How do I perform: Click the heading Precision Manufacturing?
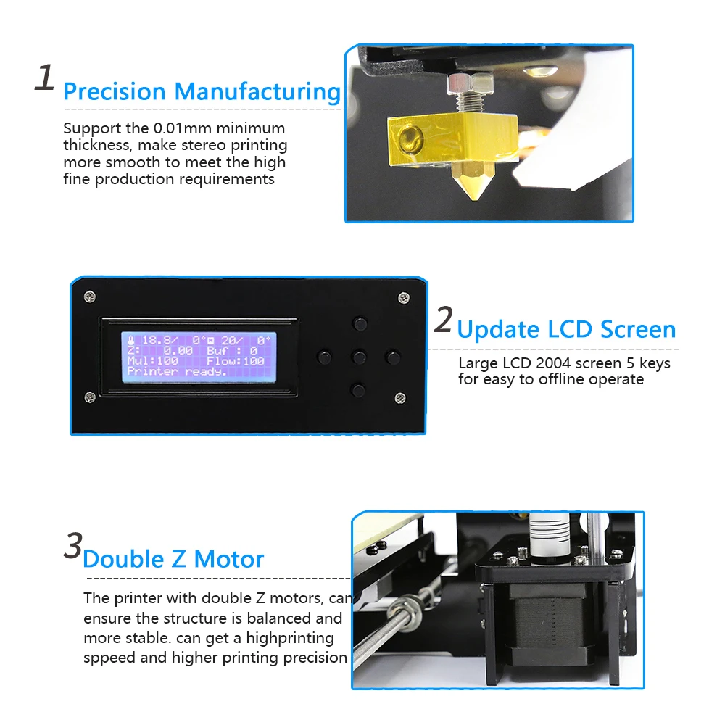[202, 91]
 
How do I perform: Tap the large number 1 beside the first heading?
[45, 78]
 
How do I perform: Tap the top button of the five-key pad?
[360, 323]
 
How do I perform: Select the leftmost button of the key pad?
[324, 357]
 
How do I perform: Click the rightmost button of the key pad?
[393, 357]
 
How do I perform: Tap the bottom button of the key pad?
[358, 391]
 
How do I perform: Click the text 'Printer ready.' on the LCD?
[177, 372]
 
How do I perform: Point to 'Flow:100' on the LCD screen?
[236, 361]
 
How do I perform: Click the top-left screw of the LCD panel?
[90, 297]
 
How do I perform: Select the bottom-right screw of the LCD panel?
[400, 398]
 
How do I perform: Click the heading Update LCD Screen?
[566, 330]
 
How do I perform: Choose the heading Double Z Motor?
[173, 560]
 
